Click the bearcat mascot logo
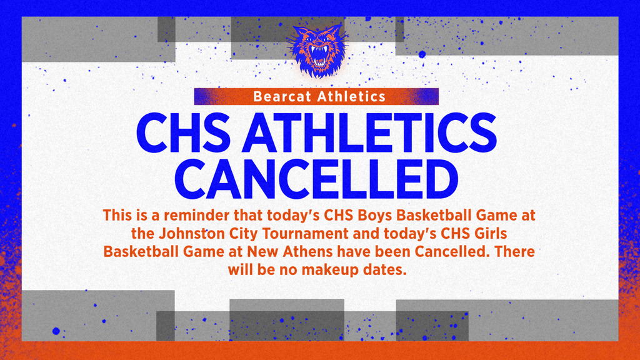(x=319, y=49)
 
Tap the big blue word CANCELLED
(x=319, y=179)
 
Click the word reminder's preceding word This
(x=115, y=216)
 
